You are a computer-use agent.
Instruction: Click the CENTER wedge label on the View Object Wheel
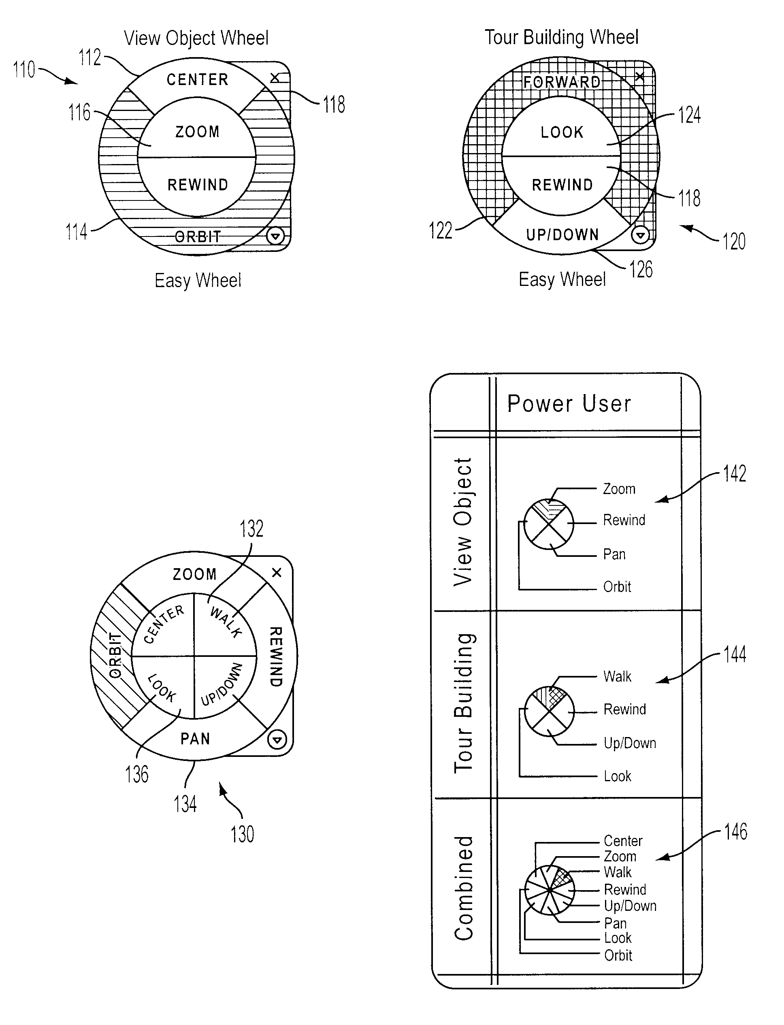click(197, 79)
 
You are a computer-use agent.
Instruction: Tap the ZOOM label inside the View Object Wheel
click(197, 132)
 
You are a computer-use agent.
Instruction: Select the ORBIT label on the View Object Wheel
click(197, 237)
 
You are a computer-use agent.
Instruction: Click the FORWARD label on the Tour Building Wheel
click(562, 82)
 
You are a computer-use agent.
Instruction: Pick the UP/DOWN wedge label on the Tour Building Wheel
click(562, 234)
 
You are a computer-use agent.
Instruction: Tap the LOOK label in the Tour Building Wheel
click(562, 132)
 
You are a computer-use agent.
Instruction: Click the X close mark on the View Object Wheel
click(275, 77)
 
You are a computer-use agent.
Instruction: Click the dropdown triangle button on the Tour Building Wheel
click(640, 235)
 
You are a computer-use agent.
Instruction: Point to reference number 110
click(24, 70)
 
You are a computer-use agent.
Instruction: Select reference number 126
click(641, 269)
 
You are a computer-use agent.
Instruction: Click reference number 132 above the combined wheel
click(251, 528)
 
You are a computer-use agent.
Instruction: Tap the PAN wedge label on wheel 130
click(195, 738)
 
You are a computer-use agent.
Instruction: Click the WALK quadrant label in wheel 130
click(226, 622)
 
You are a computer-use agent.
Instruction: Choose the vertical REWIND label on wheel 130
click(276, 656)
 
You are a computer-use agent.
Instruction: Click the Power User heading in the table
click(569, 403)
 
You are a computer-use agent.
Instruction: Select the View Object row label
click(463, 522)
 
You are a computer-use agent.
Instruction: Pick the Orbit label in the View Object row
click(617, 586)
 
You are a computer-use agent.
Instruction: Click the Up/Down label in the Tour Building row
click(630, 743)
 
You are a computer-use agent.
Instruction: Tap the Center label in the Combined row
click(623, 841)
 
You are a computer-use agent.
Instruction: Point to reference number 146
click(735, 832)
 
